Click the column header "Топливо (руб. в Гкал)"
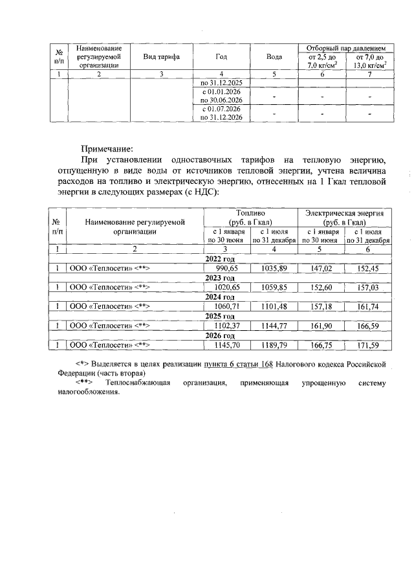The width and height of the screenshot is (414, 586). click(x=250, y=218)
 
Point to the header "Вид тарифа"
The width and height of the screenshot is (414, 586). click(x=161, y=57)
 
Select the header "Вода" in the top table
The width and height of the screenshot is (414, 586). click(x=274, y=57)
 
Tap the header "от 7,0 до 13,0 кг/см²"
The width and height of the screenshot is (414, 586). click(x=369, y=62)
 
